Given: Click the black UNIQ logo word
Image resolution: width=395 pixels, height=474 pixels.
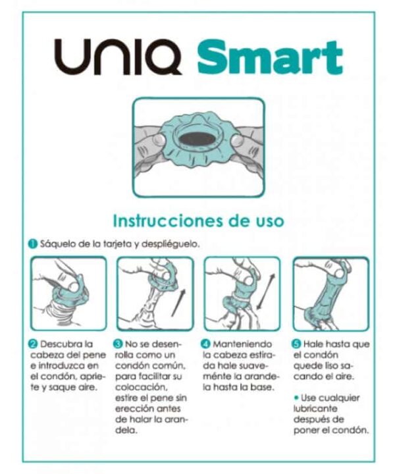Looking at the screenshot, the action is click(118, 57).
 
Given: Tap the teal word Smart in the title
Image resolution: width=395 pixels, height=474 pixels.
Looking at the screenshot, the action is click(270, 57).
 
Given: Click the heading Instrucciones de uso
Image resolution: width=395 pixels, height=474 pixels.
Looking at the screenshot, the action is click(198, 221).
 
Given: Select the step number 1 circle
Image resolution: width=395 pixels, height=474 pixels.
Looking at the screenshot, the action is click(33, 244).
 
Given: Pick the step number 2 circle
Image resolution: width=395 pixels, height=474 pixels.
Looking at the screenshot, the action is click(33, 344).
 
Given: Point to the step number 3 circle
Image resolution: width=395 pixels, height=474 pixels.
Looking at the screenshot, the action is click(118, 344).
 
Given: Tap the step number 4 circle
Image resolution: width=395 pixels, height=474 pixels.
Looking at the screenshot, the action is click(205, 344).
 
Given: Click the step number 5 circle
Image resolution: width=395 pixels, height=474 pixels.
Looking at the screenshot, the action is click(296, 344).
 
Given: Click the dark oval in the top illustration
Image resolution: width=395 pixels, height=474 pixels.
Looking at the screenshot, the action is click(197, 139).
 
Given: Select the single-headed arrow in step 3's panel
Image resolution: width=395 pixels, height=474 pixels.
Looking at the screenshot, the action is click(178, 303).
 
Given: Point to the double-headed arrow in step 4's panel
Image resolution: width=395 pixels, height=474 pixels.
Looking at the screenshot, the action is click(266, 292).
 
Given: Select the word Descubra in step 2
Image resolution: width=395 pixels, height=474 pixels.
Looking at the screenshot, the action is click(61, 344).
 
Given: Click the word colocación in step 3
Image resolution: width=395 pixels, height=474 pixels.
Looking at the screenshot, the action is click(140, 388).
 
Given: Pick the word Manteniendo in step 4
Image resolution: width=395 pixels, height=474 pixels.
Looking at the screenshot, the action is click(242, 344).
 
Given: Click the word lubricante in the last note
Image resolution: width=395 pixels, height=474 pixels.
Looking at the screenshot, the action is click(315, 409).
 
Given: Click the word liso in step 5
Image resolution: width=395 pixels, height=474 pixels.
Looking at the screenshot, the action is click(332, 366).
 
